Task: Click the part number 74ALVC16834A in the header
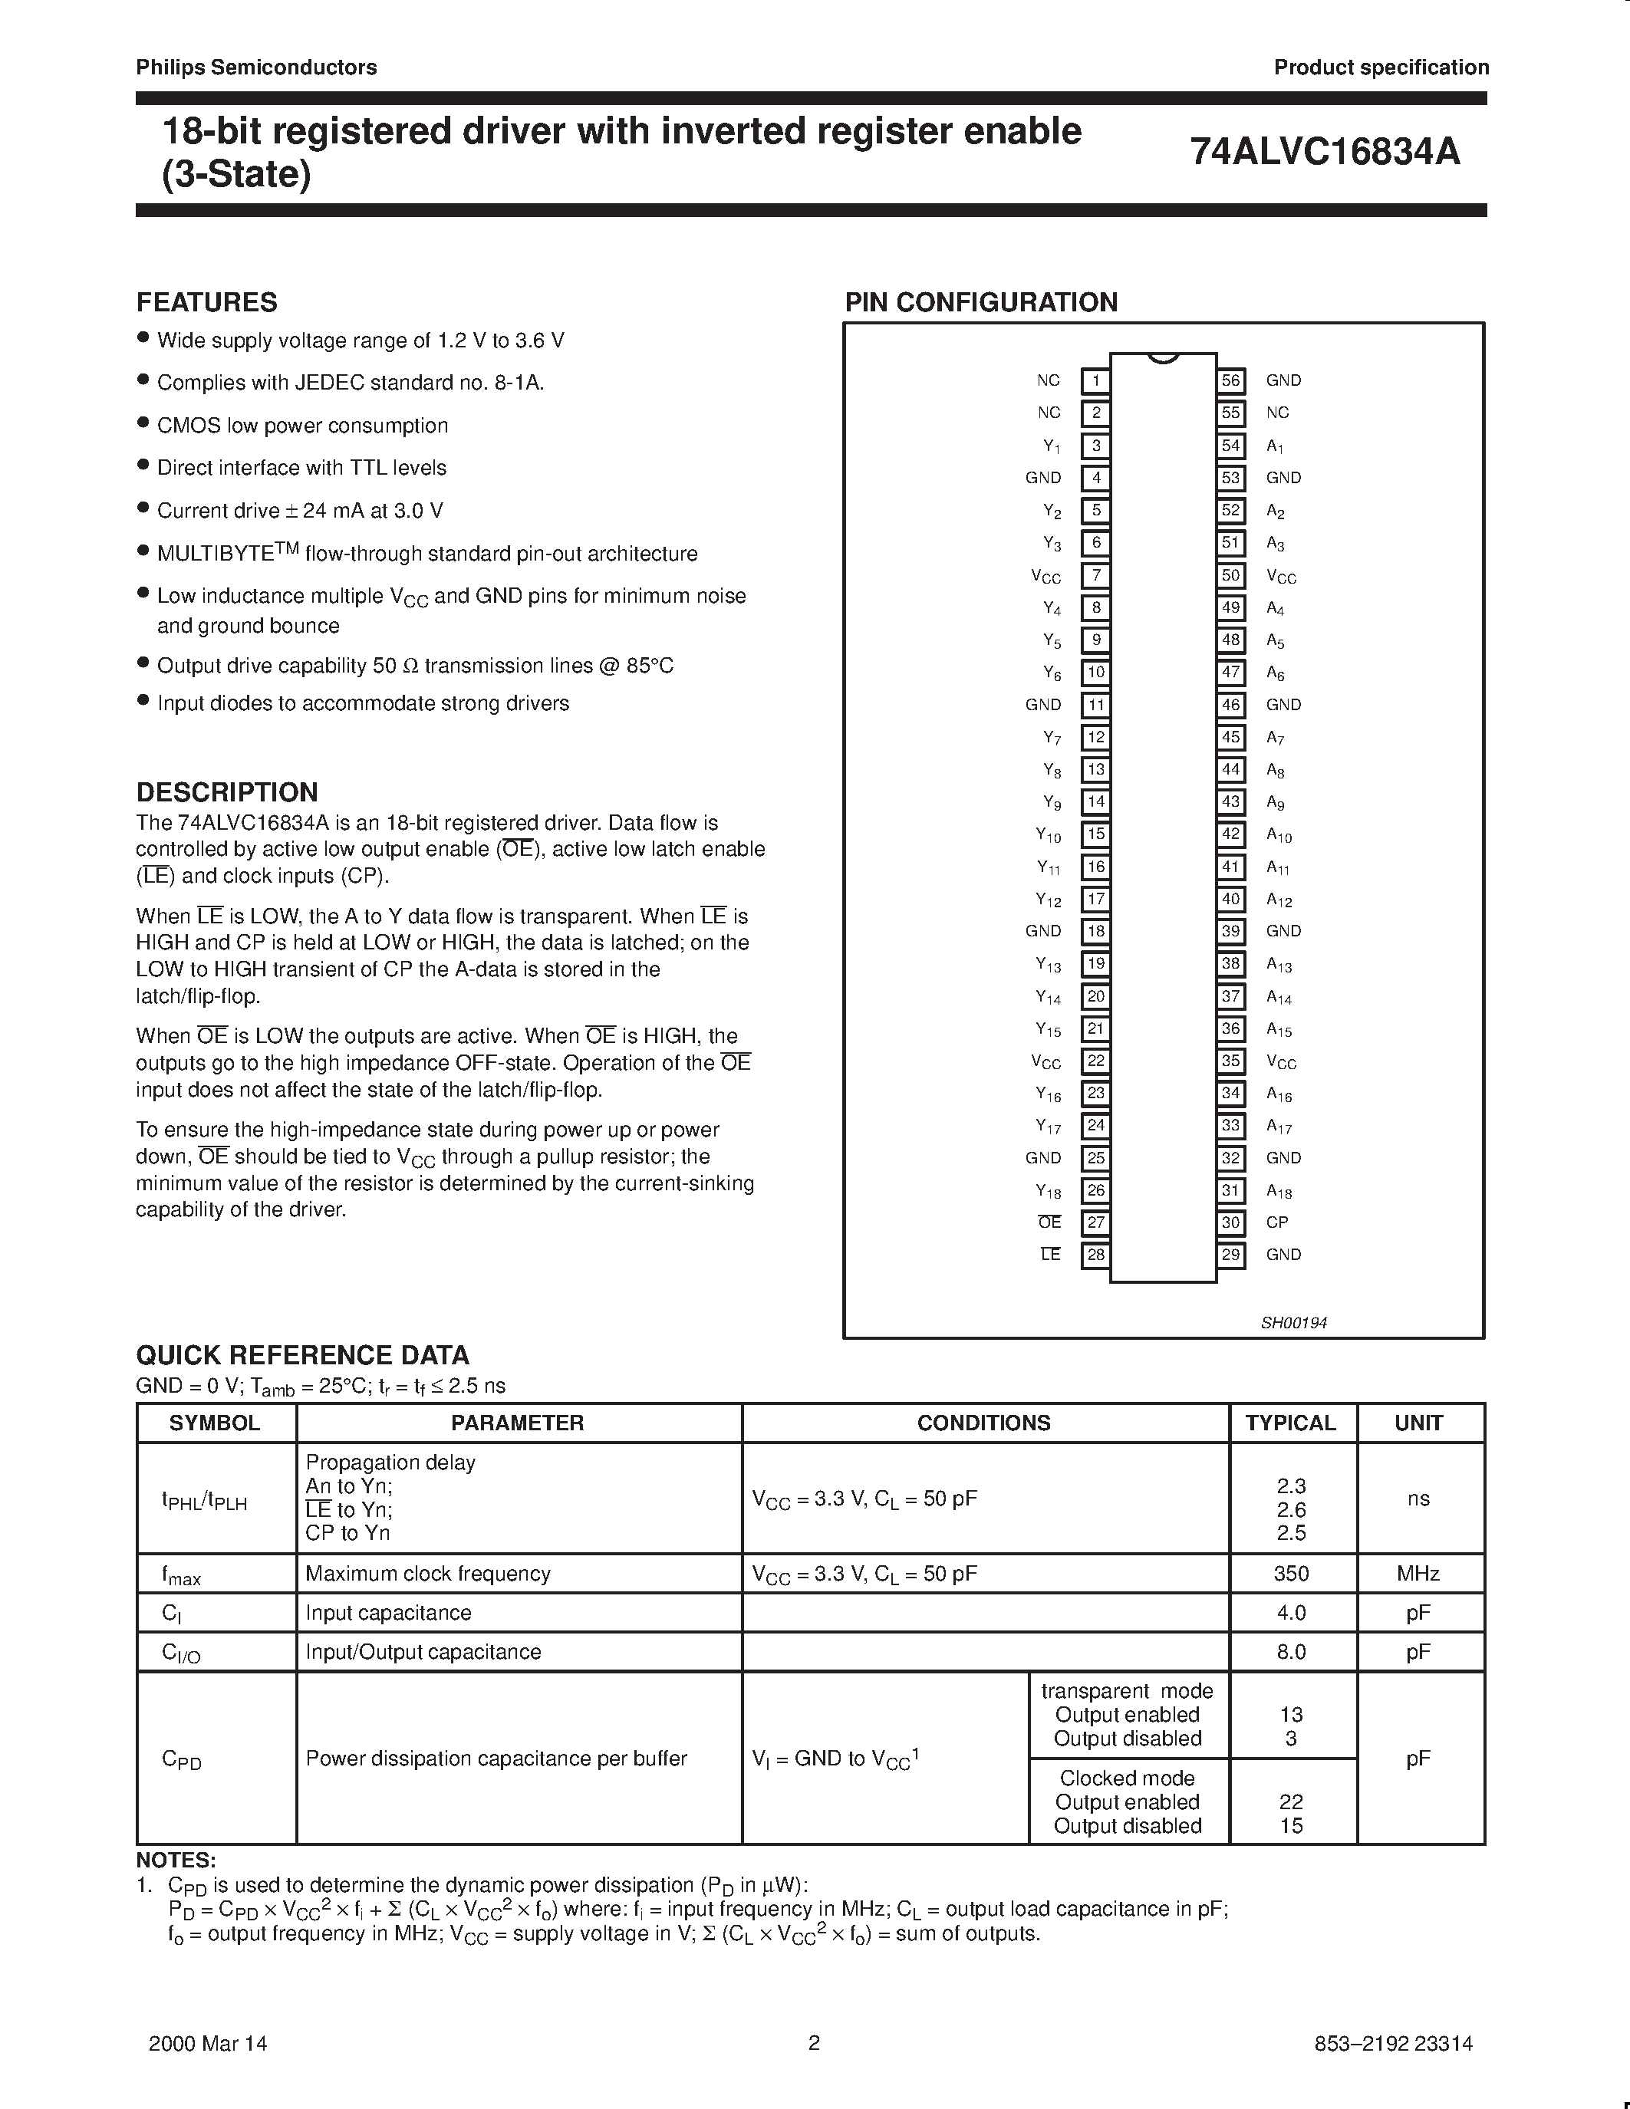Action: [x=1325, y=153]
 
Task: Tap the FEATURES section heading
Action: [x=206, y=302]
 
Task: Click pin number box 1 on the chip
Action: [x=1095, y=380]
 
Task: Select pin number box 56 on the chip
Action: [x=1230, y=380]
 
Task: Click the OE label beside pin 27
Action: [x=1049, y=1222]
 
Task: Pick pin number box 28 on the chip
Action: [x=1095, y=1255]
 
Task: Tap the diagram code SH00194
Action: [x=1294, y=1323]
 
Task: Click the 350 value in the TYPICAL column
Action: [x=1291, y=1573]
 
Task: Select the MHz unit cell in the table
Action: [x=1418, y=1573]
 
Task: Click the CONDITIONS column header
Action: [x=983, y=1423]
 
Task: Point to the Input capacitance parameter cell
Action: [x=388, y=1613]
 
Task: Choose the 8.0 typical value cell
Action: [x=1291, y=1651]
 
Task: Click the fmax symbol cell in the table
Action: [x=182, y=1575]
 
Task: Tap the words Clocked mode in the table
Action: [x=1127, y=1778]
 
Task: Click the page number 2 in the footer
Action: [x=814, y=2042]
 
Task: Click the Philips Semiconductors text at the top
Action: [x=256, y=67]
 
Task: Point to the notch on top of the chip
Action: [x=1164, y=358]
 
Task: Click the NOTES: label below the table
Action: [x=176, y=1860]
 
